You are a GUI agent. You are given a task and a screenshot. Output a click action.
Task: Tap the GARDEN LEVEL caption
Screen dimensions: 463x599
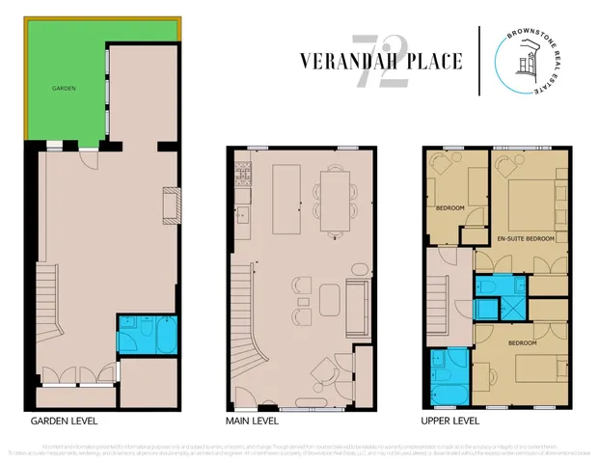64,422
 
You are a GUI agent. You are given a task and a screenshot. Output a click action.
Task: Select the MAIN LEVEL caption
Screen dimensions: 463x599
253,422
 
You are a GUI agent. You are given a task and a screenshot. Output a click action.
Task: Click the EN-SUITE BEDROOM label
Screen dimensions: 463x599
525,237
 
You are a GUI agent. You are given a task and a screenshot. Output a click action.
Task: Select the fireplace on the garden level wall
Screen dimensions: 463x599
171,204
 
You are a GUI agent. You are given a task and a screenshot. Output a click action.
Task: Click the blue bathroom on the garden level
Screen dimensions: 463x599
147,334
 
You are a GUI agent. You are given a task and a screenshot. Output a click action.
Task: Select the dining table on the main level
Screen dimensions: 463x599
336,200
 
